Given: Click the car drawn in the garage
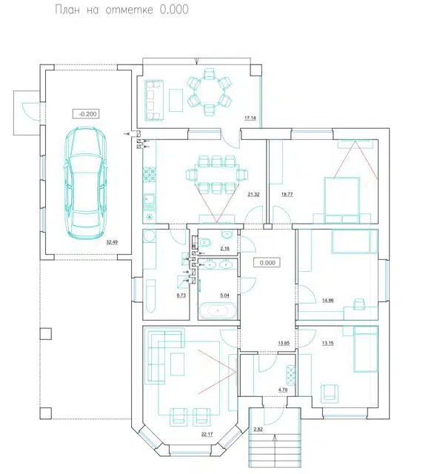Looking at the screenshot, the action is click(x=85, y=183).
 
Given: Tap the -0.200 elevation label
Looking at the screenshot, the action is click(x=87, y=114).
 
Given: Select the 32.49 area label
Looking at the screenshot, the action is click(x=112, y=242).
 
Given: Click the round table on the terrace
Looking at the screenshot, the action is click(x=209, y=92).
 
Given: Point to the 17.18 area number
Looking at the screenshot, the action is click(x=250, y=118).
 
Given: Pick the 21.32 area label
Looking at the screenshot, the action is click(x=253, y=194).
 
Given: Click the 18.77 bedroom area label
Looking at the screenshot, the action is click(x=287, y=194).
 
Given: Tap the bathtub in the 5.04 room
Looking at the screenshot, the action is click(x=218, y=310).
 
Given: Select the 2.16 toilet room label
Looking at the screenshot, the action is click(x=224, y=249).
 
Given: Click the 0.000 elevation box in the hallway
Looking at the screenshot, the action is click(x=267, y=263).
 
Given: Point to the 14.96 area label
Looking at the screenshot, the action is click(x=327, y=300).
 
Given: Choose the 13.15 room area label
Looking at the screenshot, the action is click(x=327, y=343).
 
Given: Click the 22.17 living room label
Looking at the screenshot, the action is click(x=207, y=435).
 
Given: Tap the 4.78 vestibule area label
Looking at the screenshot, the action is click(x=283, y=390).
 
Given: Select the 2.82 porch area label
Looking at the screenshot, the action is click(x=258, y=429).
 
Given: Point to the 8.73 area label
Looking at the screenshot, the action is click(x=181, y=296).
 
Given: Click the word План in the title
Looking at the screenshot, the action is click(x=67, y=10).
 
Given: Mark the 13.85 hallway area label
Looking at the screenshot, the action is click(x=284, y=343).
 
